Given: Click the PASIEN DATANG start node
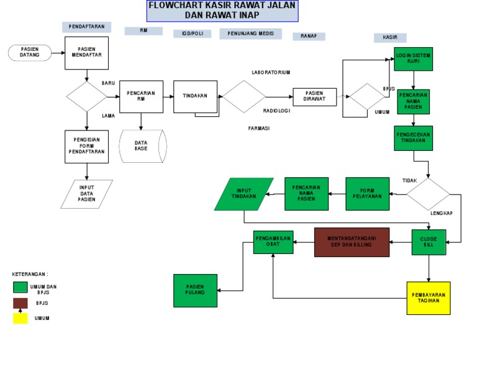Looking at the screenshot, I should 29,53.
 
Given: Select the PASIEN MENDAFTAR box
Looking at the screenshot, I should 87,53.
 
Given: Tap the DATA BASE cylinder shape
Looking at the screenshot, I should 142,146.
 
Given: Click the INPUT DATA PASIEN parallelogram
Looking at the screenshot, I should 87,194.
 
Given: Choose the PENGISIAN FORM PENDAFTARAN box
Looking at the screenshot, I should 87,146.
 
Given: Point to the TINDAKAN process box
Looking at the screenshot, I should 195,96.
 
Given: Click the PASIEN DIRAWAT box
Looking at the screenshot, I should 314,97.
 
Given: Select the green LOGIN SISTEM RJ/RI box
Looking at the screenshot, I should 413,59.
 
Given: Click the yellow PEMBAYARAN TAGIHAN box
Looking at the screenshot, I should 429,298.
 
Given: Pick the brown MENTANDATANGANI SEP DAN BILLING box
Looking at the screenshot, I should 352,242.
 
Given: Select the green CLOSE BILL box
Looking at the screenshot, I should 429,242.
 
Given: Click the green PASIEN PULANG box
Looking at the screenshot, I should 195,290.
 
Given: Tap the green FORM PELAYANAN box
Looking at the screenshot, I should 368,194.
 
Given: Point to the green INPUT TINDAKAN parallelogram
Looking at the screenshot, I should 244,194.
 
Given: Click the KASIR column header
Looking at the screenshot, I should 390,38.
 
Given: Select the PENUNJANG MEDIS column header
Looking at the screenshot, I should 250,34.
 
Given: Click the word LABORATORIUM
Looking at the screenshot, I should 271,73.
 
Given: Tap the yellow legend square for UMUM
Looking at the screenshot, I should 20,318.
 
